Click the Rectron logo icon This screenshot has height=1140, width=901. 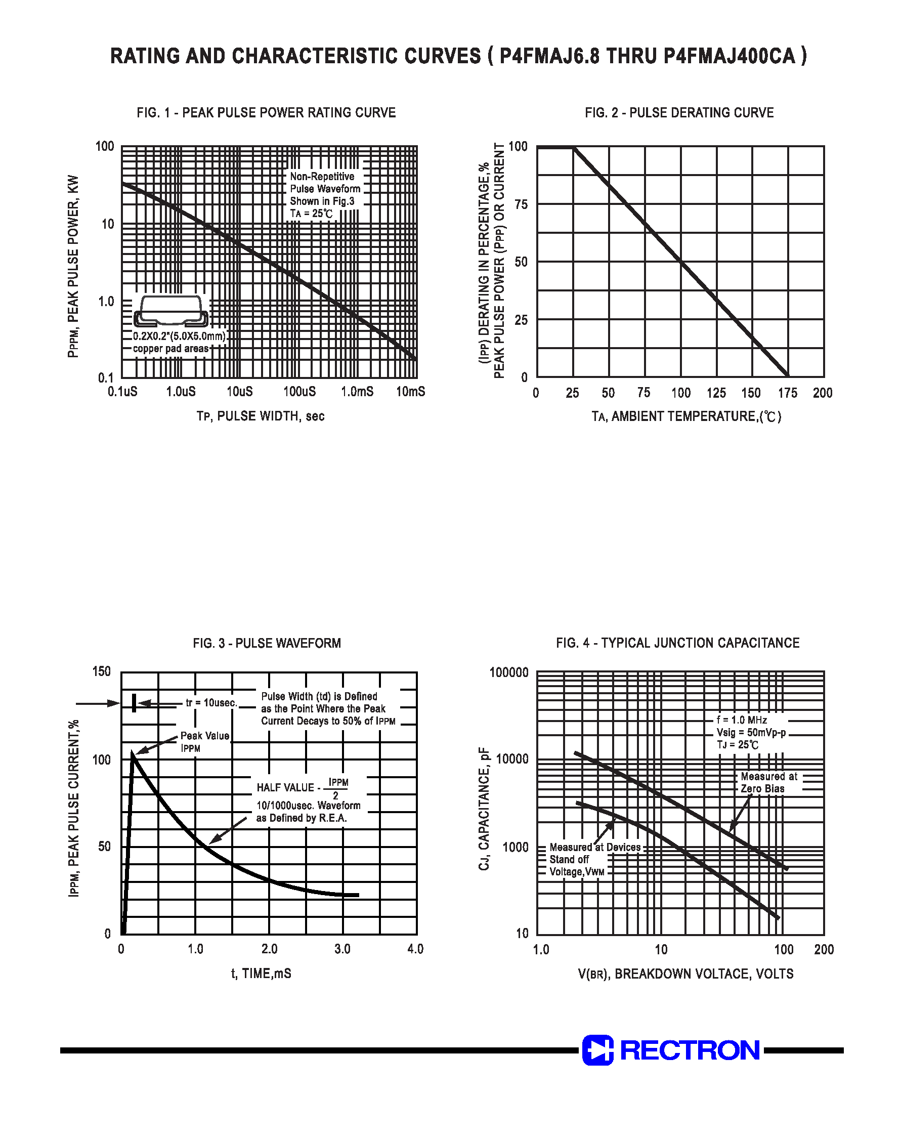coord(597,1050)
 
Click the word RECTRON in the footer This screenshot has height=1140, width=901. coord(690,1050)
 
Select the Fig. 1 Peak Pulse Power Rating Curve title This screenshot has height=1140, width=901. coord(266,113)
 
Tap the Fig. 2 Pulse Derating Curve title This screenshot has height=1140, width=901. coord(679,113)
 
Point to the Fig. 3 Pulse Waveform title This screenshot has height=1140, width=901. coord(267,643)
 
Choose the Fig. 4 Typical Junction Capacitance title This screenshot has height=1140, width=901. coord(678,643)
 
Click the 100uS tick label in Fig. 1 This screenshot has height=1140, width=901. coord(299,392)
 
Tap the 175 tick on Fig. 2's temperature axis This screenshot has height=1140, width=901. coord(788,393)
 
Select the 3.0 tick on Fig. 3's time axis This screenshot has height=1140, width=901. coord(342,949)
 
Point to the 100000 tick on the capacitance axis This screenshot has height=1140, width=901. coord(508,672)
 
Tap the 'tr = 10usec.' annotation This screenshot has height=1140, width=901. coord(211,703)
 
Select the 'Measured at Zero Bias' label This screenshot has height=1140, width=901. coord(768,782)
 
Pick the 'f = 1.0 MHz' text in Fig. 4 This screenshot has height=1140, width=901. coord(741,720)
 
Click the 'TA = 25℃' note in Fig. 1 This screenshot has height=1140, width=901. coord(311,214)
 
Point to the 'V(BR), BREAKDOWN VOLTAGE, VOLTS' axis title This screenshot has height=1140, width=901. coord(685,974)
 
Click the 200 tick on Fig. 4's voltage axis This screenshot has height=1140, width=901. coord(824,950)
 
